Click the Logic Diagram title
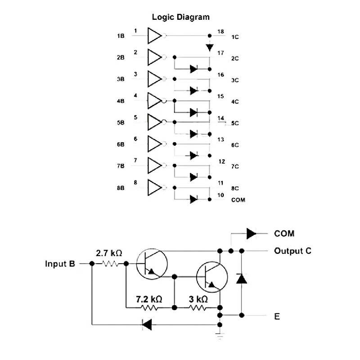180,18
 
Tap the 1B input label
121,36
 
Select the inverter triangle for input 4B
154,100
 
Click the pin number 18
220,31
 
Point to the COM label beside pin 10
238,200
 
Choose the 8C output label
235,188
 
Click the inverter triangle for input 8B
154,187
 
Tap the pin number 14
220,118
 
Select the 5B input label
121,123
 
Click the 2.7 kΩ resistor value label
109,253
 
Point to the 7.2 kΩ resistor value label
149,299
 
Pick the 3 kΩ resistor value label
198,299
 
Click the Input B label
60,264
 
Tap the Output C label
292,251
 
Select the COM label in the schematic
284,234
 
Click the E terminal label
277,316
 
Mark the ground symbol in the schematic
220,334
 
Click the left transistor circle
151,263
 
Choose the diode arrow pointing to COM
251,234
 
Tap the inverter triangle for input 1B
154,36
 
